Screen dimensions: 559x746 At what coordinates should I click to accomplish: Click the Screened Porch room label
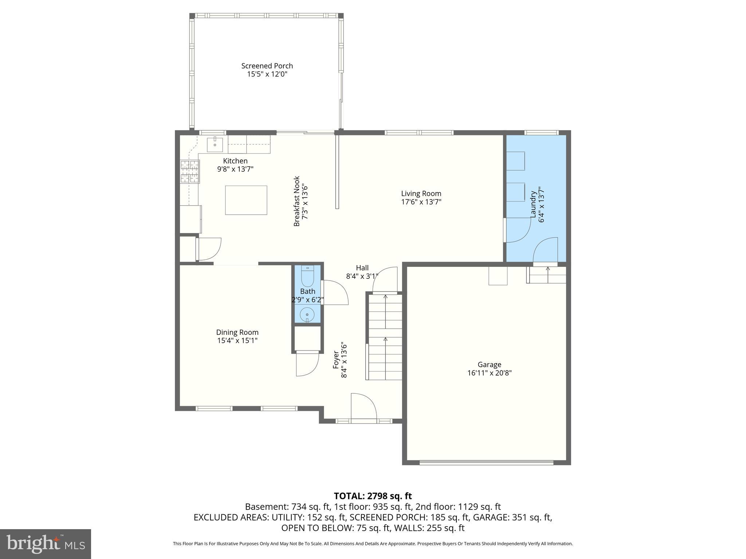[x=267, y=66]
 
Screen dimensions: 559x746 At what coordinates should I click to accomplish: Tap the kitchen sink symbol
[x=215, y=144]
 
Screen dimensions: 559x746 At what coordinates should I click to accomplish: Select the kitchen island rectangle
[x=246, y=200]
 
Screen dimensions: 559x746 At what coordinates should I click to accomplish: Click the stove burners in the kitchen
[x=190, y=171]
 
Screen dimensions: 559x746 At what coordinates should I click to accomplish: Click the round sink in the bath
[x=307, y=314]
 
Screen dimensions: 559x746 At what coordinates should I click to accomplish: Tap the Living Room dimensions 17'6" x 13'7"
[x=421, y=202]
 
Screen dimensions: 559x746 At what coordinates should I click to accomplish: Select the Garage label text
[x=489, y=364]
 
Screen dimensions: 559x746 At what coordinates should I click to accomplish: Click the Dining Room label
[x=237, y=332]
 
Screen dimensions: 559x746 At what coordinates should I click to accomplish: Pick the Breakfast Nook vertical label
[x=297, y=201]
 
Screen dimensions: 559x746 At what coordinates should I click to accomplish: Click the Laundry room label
[x=533, y=205]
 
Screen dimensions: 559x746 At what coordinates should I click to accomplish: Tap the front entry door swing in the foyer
[x=363, y=407]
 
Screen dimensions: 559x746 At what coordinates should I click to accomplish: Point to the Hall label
[x=362, y=268]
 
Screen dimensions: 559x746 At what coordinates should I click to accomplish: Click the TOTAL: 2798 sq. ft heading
[x=373, y=496]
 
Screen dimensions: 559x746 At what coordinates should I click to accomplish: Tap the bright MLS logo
[x=46, y=544]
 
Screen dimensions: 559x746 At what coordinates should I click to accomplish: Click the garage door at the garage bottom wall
[x=486, y=463]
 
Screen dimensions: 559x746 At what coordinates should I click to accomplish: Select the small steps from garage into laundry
[x=546, y=275]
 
